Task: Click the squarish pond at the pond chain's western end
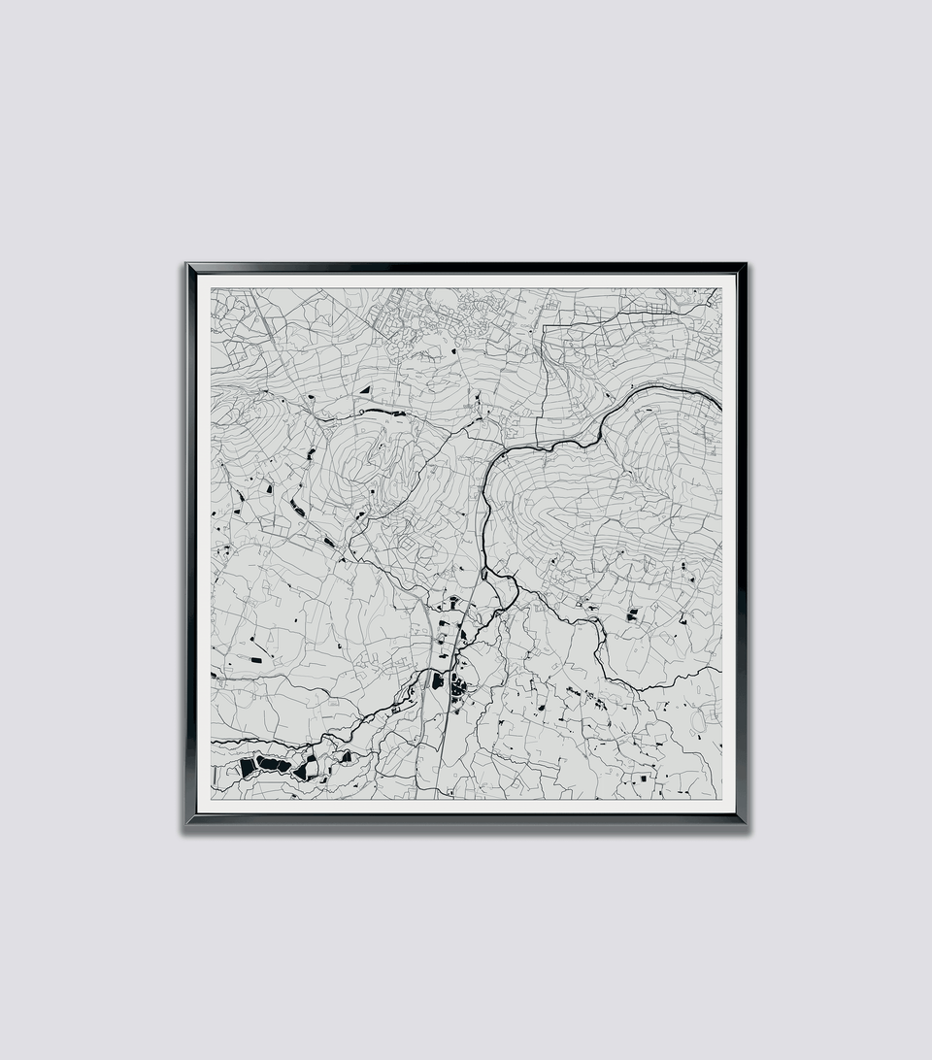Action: (248, 767)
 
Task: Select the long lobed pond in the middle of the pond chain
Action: (273, 765)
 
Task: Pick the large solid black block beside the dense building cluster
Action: (438, 680)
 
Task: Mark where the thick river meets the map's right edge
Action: (720, 400)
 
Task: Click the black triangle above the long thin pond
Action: (366, 389)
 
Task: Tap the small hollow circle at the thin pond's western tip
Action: (360, 413)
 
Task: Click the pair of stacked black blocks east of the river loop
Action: (632, 613)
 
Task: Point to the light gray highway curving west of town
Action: (426, 621)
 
